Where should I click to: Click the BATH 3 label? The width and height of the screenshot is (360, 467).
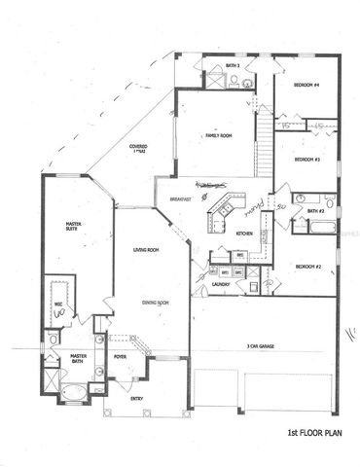(233, 65)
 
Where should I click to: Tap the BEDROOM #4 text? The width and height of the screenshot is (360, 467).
(307, 86)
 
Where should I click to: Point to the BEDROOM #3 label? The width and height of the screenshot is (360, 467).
(308, 159)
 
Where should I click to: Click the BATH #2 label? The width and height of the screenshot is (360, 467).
(314, 211)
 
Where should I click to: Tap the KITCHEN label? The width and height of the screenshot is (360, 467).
(244, 233)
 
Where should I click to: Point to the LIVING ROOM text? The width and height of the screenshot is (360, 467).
(146, 250)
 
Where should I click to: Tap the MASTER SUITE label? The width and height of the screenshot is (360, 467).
(73, 226)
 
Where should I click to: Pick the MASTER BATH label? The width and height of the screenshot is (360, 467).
(79, 359)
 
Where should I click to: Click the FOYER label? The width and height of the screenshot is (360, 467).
(121, 357)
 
